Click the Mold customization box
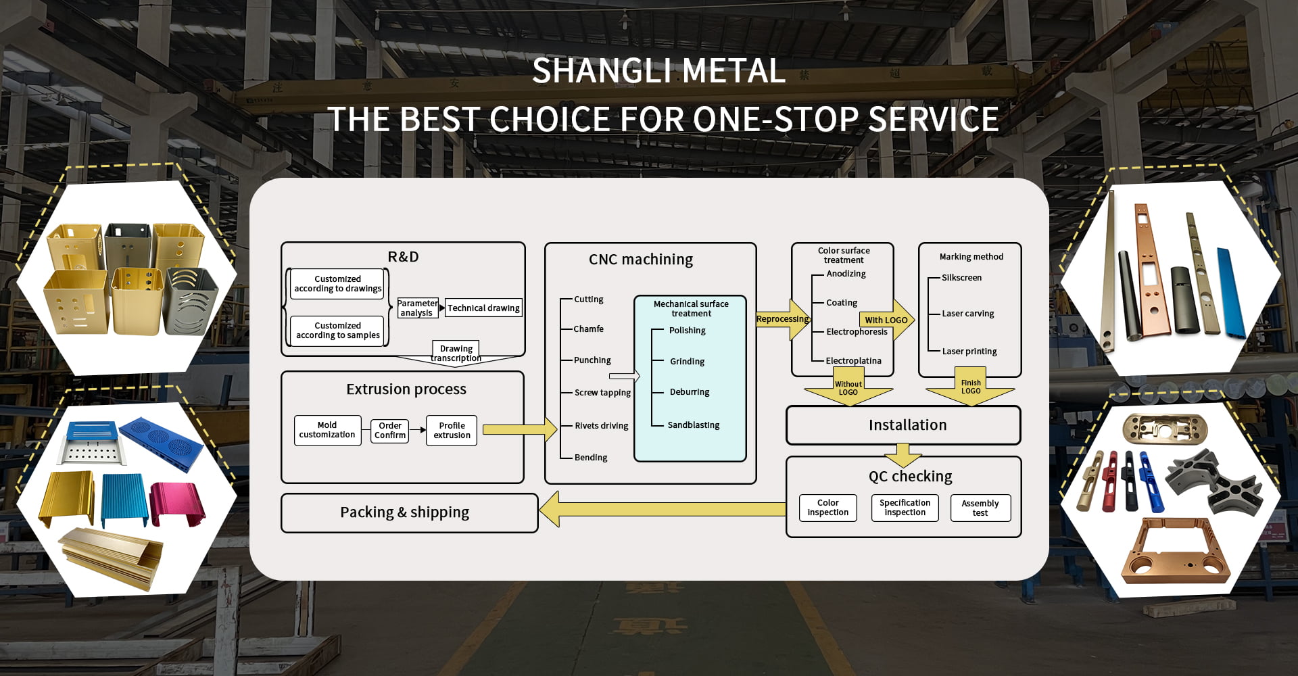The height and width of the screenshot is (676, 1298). coord(327,430)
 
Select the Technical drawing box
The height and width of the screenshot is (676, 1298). coord(483,308)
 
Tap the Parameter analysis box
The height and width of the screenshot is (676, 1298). coord(417,308)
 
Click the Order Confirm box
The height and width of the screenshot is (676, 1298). coord(390,431)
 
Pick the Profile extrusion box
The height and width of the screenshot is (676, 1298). coord(452,431)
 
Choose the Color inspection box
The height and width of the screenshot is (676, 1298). coord(827,508)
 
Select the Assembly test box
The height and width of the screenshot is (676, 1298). coord(980,508)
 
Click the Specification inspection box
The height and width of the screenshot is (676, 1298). coord(905,508)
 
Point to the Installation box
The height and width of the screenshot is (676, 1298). coord(903,425)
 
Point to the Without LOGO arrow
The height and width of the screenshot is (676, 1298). coord(848,389)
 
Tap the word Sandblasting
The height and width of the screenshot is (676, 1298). coord(693,425)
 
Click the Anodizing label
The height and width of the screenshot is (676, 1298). coord(846,274)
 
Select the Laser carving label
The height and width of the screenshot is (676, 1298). coord(967,314)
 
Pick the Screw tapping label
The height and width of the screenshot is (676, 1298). coord(602,393)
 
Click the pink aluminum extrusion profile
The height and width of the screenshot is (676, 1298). coord(176,502)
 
